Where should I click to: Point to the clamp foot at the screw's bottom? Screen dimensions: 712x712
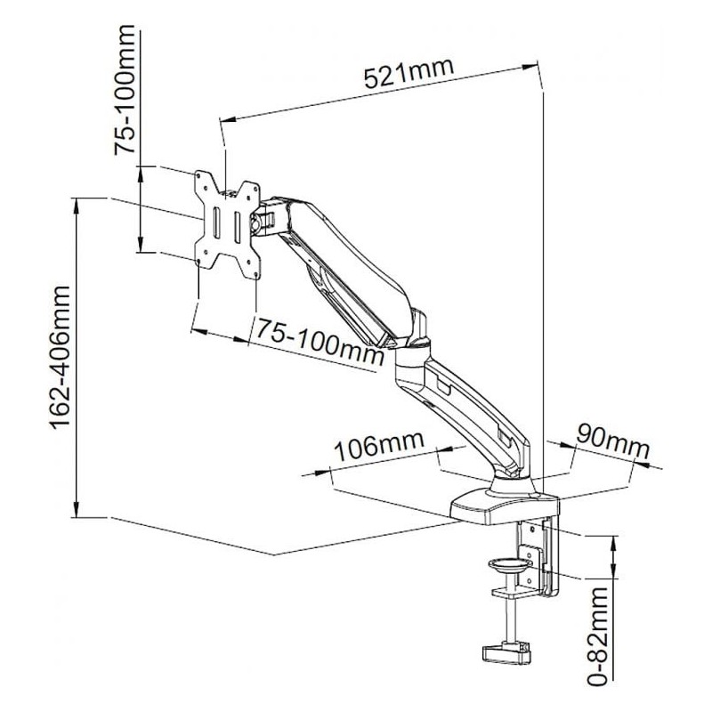pyautogui.click(x=506, y=651)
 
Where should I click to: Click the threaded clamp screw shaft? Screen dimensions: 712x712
pyautogui.click(x=508, y=619)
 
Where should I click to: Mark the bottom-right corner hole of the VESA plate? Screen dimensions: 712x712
pyautogui.click(x=253, y=261)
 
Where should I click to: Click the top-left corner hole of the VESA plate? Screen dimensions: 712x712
pyautogui.click(x=200, y=176)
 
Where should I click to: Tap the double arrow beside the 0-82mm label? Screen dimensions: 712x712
pyautogui.click(x=614, y=556)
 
